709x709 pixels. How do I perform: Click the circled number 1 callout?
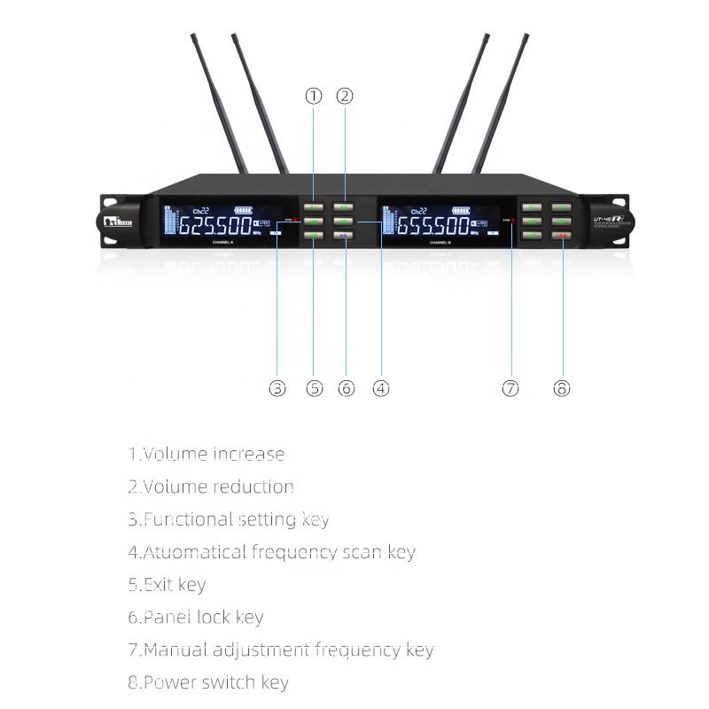(313, 96)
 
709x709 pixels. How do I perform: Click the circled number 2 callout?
(345, 96)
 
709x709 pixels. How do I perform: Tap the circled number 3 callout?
(277, 388)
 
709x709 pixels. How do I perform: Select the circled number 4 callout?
(380, 388)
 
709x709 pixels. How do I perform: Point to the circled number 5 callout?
(314, 388)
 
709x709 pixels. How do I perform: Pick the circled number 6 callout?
(346, 388)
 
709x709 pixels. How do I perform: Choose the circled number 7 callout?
(510, 388)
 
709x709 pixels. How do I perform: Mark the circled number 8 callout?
(562, 388)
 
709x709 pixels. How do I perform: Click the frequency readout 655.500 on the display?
(432, 224)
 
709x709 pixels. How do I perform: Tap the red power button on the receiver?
(562, 235)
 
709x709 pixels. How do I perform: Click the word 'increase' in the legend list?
(248, 454)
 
